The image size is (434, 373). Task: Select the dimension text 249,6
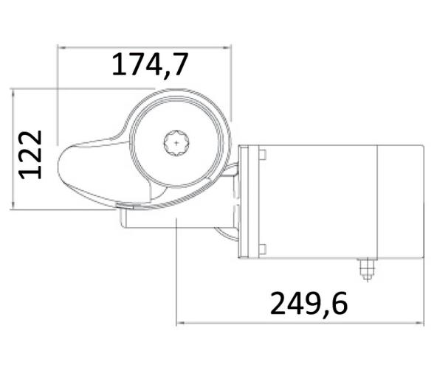pyautogui.click(x=309, y=302)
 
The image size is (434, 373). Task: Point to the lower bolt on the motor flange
pyautogui.click(x=261, y=248)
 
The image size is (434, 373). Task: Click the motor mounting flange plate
pyautogui.click(x=251, y=201)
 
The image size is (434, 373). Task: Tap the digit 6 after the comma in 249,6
pyautogui.click(x=339, y=302)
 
